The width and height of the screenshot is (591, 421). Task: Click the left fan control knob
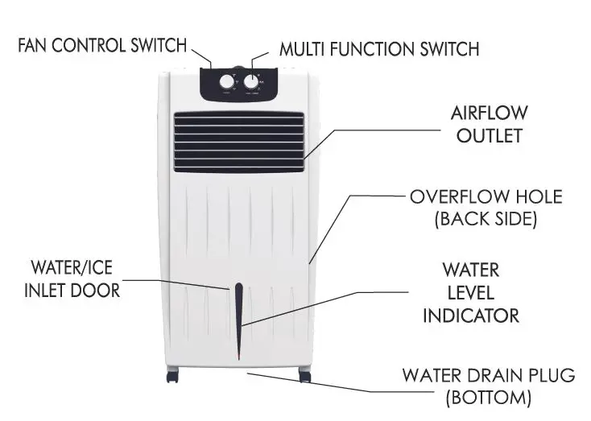[x=227, y=82]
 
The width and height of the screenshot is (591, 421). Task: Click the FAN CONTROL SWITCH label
[x=102, y=44]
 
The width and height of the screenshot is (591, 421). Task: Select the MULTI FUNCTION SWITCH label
[x=379, y=48]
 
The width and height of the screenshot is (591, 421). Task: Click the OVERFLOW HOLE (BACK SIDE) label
[x=486, y=207]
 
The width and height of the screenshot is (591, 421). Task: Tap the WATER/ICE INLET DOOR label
[x=75, y=278]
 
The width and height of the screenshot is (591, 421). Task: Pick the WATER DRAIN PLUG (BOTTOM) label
[x=489, y=386]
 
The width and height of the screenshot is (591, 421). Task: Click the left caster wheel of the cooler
[x=172, y=375]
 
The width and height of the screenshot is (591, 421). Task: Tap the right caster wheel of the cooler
[x=304, y=375]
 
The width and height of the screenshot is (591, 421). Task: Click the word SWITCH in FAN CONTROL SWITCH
[x=158, y=44]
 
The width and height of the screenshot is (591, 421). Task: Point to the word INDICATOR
[x=470, y=315]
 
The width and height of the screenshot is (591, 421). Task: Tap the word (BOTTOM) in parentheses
[x=489, y=397]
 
